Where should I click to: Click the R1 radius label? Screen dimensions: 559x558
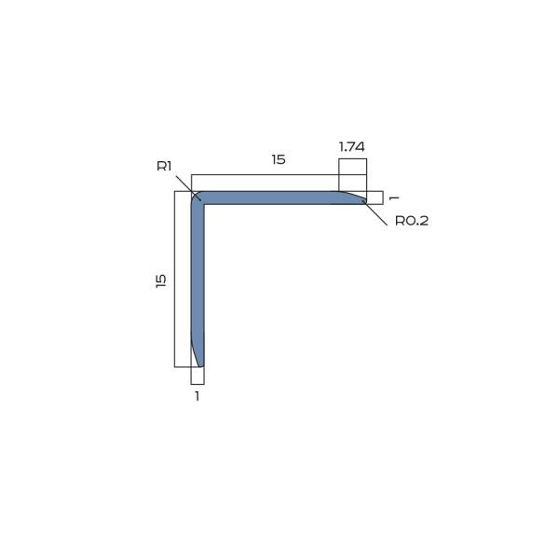point(164,166)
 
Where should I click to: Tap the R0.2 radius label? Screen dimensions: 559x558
point(411,221)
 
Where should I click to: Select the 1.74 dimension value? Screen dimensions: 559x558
point(351,146)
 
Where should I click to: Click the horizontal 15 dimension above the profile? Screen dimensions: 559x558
point(278,159)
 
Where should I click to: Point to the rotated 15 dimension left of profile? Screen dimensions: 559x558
point(161,279)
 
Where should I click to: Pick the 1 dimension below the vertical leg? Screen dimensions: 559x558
point(197,396)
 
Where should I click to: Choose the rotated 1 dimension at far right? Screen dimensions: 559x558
point(394,198)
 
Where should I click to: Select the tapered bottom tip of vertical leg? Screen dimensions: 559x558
point(198,359)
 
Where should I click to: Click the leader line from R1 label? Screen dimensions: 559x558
point(186,185)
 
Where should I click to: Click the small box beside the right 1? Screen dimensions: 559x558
point(374,198)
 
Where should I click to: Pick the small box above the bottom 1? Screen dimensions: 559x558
point(197,375)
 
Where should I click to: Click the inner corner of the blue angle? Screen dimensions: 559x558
point(204,204)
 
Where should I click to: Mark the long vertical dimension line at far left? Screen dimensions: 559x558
point(175,279)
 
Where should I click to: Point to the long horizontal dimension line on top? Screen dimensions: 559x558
point(265,174)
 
